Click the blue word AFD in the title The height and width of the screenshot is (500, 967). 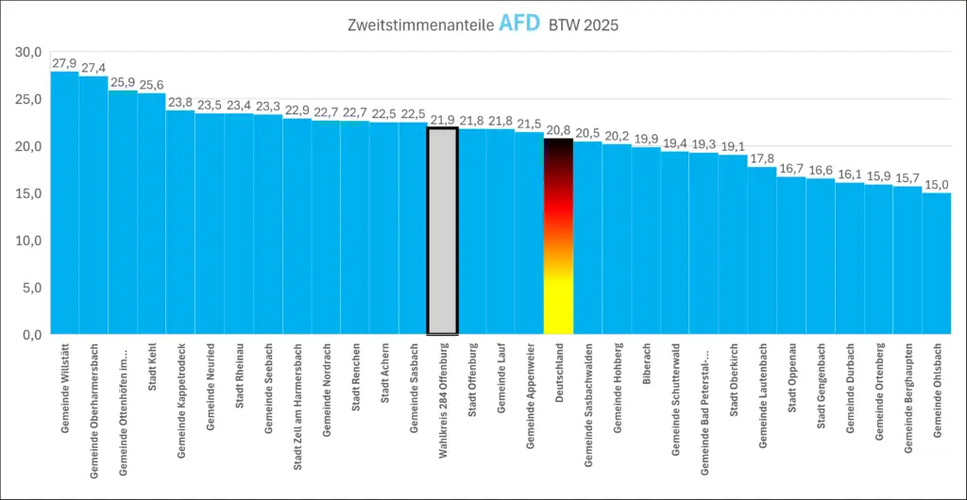pyautogui.click(x=518, y=24)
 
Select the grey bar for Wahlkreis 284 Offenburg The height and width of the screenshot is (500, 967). pyautogui.click(x=442, y=231)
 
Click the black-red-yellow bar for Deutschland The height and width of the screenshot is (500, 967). pyautogui.click(x=558, y=236)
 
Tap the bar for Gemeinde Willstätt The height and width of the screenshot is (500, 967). pyautogui.click(x=64, y=203)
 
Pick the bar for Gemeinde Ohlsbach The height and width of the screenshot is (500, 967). pyautogui.click(x=936, y=264)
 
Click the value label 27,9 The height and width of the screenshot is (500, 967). pyautogui.click(x=64, y=63)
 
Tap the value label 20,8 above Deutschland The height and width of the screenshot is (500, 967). pyautogui.click(x=558, y=130)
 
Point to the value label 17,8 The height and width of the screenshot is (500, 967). pyautogui.click(x=761, y=158)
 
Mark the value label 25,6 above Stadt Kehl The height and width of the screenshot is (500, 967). pyautogui.click(x=151, y=85)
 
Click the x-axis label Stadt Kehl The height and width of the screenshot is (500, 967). pyautogui.click(x=152, y=377)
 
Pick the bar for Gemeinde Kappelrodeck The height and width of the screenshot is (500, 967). pyautogui.click(x=180, y=222)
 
